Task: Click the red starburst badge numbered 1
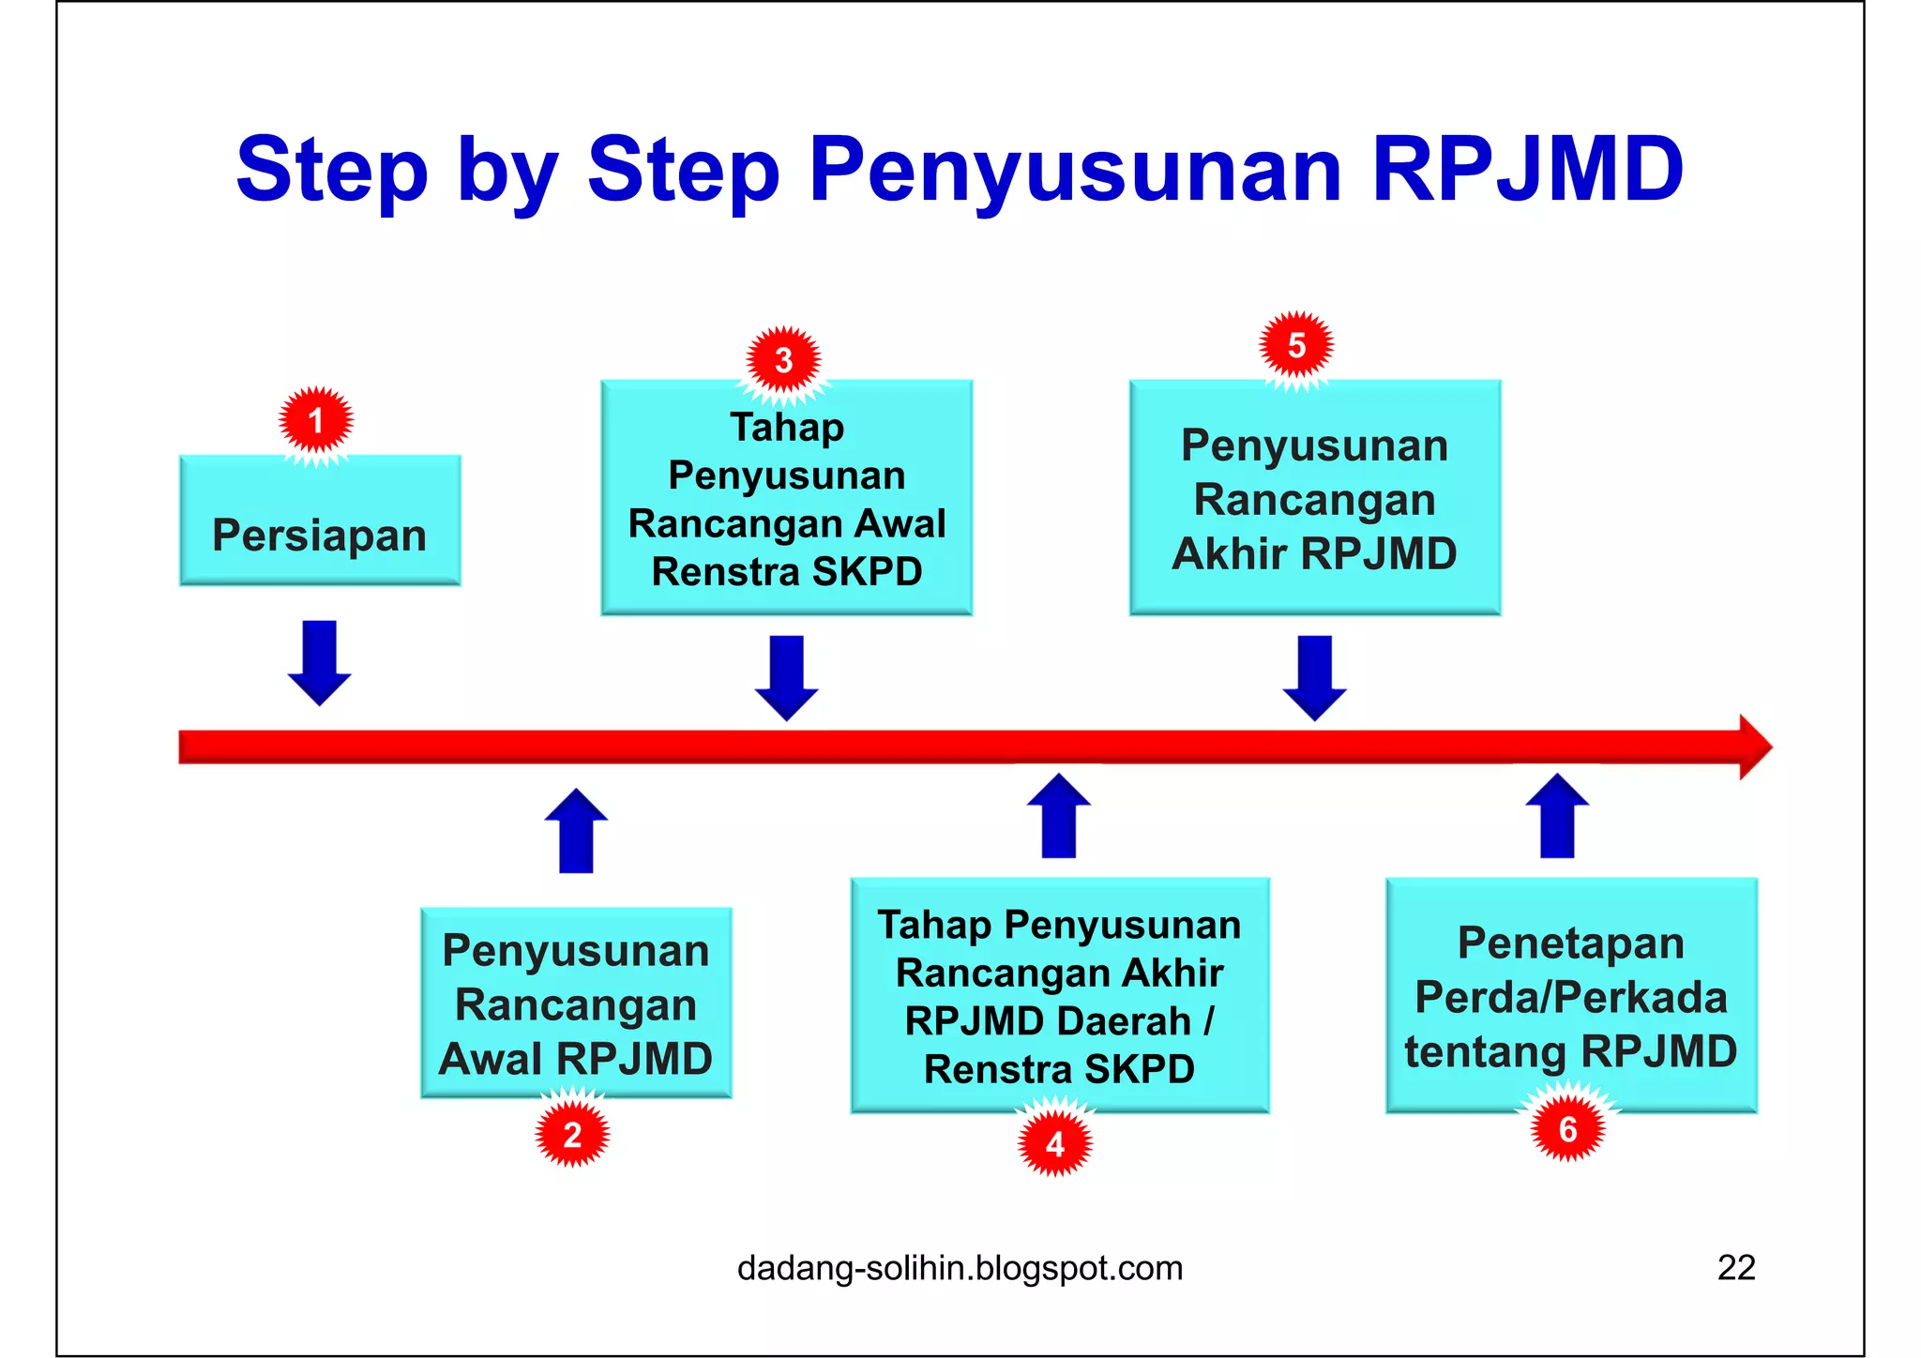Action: coord(316,421)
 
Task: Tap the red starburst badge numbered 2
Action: coord(572,1135)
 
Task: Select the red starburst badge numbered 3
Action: coord(784,360)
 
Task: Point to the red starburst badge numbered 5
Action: coord(1296,345)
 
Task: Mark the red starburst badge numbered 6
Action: coord(1567,1129)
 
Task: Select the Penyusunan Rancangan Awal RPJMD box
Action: coord(576,1003)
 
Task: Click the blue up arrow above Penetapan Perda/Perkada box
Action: coord(1557,816)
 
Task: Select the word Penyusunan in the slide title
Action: coord(1075,170)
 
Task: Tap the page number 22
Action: coord(1735,1267)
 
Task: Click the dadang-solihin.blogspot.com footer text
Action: coord(960,1268)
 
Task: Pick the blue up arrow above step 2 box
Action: coord(576,831)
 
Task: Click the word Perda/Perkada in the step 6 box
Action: coord(1570,997)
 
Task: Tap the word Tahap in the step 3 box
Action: coord(787,428)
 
